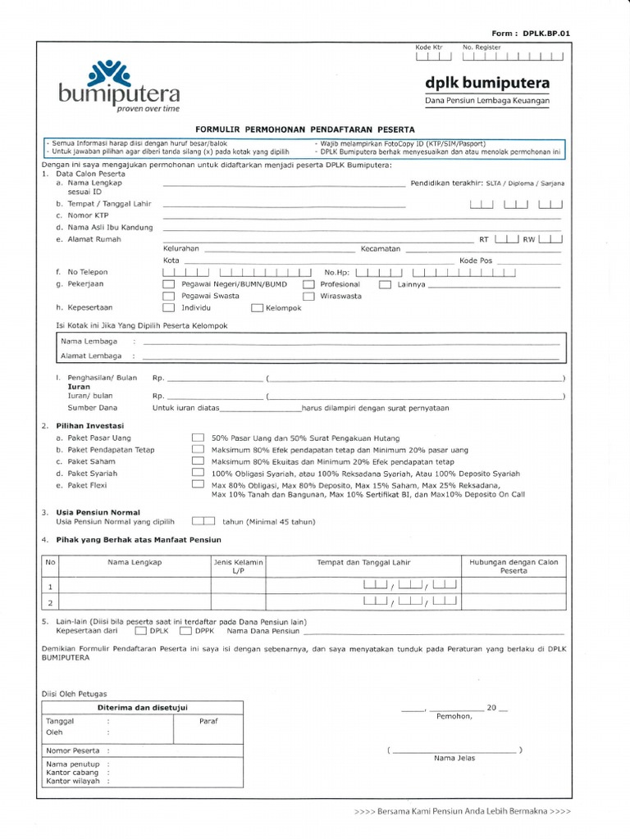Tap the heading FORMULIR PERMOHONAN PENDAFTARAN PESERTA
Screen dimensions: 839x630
305,129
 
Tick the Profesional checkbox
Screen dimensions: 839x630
308,284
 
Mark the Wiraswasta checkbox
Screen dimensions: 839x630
308,297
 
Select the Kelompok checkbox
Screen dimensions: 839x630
257,308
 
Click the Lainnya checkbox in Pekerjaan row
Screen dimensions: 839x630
384,284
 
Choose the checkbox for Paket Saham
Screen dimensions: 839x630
198,461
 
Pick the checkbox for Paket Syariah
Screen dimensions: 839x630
198,473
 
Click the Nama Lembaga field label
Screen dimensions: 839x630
89,341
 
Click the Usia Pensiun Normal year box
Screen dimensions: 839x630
203,520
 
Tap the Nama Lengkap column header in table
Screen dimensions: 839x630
135,563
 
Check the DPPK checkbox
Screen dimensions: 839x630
185,632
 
